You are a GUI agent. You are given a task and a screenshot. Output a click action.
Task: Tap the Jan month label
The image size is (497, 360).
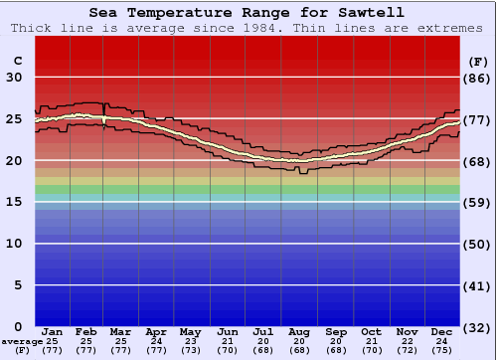[53, 332]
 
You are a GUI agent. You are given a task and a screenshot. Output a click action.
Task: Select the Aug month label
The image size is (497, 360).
[299, 332]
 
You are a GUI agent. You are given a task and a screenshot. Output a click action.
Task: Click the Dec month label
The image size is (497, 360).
[442, 332]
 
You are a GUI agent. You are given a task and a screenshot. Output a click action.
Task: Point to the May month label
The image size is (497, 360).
[190, 332]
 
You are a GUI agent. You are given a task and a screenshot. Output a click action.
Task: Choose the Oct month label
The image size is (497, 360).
[371, 332]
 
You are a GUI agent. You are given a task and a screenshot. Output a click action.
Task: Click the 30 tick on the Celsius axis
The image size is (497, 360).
[14, 78]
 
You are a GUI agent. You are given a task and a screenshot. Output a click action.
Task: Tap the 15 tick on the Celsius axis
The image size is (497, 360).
[14, 202]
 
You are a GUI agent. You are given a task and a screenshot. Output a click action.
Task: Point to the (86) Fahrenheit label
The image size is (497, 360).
[478, 78]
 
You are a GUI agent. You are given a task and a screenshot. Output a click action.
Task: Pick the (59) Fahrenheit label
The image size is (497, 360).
[478, 202]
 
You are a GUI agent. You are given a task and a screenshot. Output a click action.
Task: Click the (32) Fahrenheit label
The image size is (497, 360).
[478, 327]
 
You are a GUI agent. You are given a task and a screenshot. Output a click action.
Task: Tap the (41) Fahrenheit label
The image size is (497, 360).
[478, 285]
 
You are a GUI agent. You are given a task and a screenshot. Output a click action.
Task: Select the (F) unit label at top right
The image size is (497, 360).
[478, 61]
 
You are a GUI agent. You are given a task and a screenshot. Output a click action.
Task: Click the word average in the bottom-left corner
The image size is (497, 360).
[22, 341]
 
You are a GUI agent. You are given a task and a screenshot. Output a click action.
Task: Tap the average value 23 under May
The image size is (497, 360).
[190, 341]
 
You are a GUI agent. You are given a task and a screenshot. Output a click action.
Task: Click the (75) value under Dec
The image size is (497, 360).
[442, 350]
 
